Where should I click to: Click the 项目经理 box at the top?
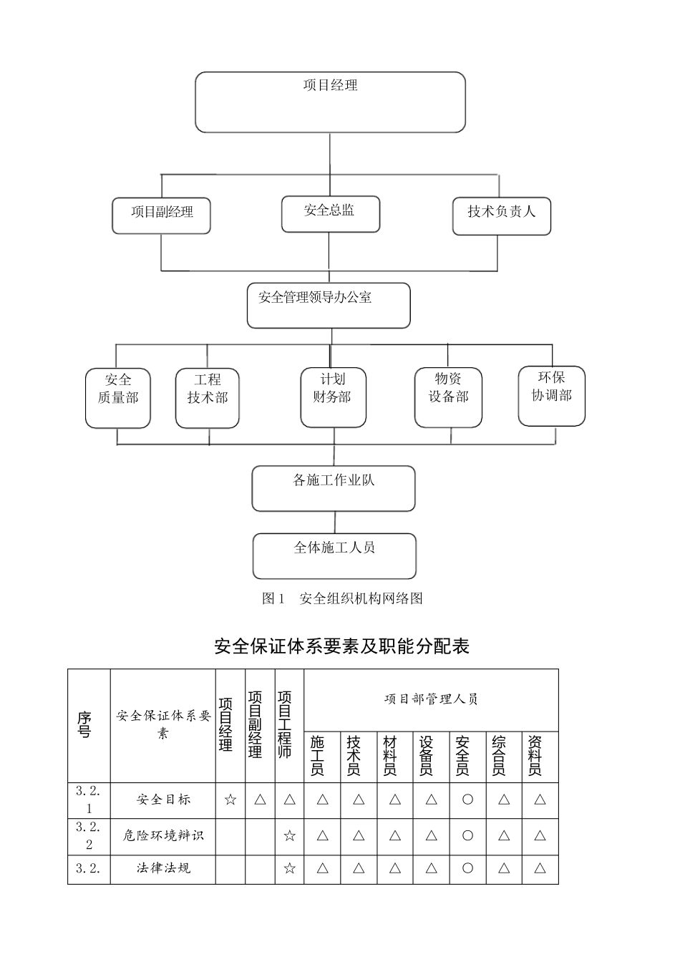(x=330, y=102)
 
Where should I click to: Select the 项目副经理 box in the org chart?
(x=161, y=215)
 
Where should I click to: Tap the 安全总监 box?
(x=330, y=213)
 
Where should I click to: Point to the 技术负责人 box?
(x=501, y=215)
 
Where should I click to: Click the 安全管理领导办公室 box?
(x=329, y=305)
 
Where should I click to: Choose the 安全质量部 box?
(x=118, y=398)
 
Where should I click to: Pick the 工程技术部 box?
(x=208, y=398)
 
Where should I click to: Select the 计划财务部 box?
(x=333, y=397)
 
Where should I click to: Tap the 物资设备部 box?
(x=449, y=397)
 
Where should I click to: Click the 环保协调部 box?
(x=552, y=395)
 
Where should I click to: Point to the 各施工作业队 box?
(x=334, y=488)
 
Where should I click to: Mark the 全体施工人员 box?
(x=334, y=555)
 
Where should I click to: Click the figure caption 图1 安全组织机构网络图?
(x=342, y=598)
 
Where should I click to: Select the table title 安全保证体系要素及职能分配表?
(x=341, y=646)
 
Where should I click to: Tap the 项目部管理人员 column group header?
(x=431, y=699)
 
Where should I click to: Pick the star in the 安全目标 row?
(x=230, y=800)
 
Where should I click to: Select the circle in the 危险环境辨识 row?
(x=467, y=835)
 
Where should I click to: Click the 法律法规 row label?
(x=163, y=868)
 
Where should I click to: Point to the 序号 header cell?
(x=85, y=725)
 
